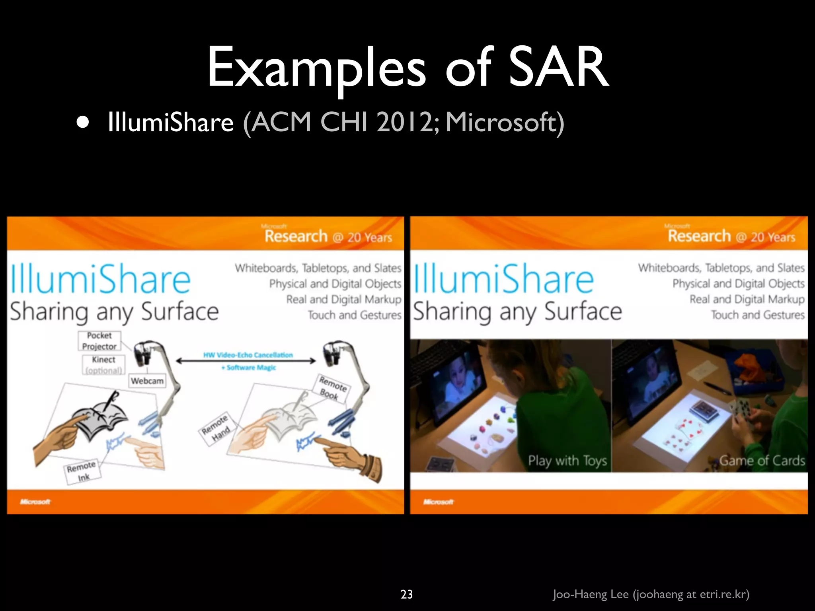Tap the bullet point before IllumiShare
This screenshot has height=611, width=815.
coord(83,123)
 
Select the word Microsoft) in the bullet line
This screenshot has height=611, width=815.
coord(505,123)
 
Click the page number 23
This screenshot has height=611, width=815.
coord(406,594)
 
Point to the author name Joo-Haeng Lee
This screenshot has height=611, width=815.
coord(591,594)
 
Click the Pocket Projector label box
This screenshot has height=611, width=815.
coord(99,341)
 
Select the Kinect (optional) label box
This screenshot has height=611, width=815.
coord(103,365)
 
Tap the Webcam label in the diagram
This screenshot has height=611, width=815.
coord(147,381)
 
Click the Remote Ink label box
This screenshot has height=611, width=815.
coord(82,472)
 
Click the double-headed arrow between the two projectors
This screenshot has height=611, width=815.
coord(246,361)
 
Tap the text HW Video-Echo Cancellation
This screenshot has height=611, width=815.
coord(248,355)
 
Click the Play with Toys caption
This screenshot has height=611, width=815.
coord(567,461)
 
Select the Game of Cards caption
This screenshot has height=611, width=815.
coord(762,461)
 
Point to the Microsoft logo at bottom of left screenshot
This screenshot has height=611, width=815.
coord(35,502)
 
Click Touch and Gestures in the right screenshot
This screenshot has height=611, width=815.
coord(758,315)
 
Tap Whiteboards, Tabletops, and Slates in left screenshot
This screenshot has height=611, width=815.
coord(318,268)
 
